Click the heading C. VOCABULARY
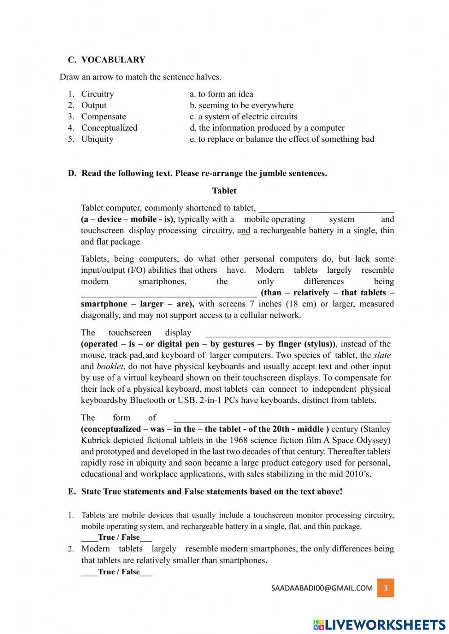[107, 60]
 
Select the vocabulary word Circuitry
[97, 94]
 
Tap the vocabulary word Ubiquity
[97, 139]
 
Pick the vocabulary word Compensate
[103, 116]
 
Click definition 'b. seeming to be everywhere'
[242, 105]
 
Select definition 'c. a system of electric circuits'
[243, 116]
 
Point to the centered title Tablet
[224, 191]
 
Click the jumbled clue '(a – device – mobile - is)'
[127, 219]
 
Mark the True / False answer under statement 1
[117, 537]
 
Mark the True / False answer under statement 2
[117, 572]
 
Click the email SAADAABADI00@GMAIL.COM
[322, 588]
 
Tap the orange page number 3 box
[386, 588]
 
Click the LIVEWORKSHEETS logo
[379, 624]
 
